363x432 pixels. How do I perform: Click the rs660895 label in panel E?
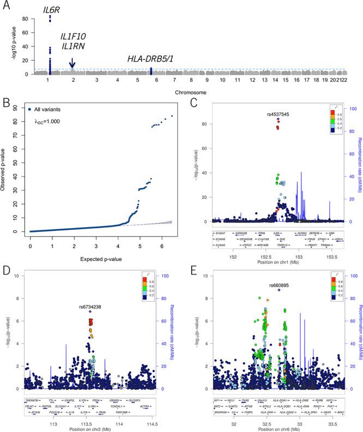click(279, 285)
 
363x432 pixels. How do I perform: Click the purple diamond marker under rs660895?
click(279, 291)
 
